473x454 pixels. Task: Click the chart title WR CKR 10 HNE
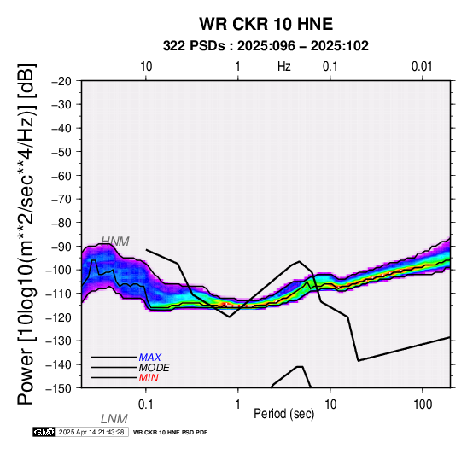tap(266, 24)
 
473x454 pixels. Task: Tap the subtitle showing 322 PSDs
tap(266, 46)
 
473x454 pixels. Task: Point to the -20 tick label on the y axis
tap(61, 81)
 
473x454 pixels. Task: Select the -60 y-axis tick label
tap(61, 176)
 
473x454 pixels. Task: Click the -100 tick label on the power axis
tap(59, 270)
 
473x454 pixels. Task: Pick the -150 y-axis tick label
tap(59, 388)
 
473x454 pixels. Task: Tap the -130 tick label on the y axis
tap(59, 340)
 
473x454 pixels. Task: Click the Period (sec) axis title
tap(283, 414)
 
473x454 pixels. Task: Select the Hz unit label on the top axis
tap(283, 67)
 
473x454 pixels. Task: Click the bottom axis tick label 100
tap(423, 405)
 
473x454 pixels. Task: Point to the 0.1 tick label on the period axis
tap(145, 405)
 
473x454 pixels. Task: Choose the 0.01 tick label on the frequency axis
tap(422, 67)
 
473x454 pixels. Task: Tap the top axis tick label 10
tap(146, 67)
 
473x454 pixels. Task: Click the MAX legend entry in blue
tap(149, 358)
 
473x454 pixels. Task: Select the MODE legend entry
tap(155, 368)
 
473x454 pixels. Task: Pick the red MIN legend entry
tap(149, 378)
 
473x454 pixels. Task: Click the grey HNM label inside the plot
tap(115, 242)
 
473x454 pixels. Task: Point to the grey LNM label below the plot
tap(114, 419)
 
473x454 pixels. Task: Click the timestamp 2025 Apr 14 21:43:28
tap(91, 432)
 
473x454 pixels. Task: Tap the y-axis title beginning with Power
tap(26, 234)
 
